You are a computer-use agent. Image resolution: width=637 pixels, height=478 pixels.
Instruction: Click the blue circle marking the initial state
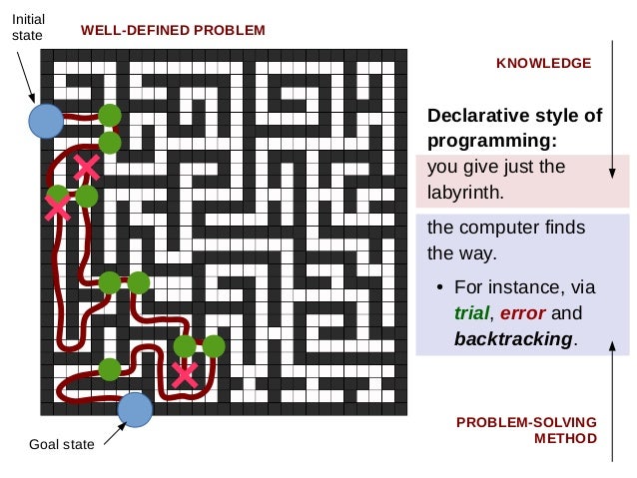46,121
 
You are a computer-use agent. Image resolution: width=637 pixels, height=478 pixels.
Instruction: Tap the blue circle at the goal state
135,409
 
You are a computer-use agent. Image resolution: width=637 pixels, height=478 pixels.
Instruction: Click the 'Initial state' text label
28,27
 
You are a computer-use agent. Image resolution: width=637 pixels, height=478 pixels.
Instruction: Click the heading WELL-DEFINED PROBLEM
173,30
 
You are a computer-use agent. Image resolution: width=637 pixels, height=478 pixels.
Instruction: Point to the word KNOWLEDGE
543,63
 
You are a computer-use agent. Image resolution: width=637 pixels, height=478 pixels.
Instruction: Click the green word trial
472,313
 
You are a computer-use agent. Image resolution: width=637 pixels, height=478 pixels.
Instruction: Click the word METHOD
565,438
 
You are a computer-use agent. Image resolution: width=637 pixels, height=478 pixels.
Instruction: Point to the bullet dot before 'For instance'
439,289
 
